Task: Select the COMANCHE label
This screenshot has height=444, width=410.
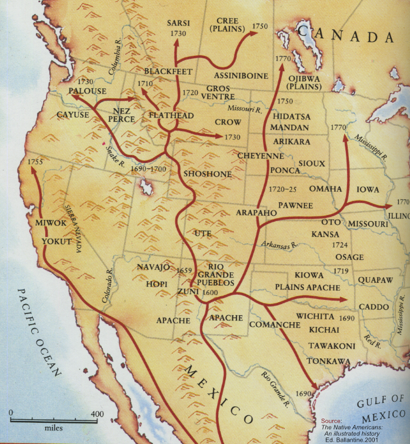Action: click(275, 325)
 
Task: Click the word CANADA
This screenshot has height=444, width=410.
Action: click(347, 36)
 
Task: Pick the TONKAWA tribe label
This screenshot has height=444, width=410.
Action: click(328, 361)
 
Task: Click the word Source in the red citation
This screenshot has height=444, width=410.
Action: click(332, 421)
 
